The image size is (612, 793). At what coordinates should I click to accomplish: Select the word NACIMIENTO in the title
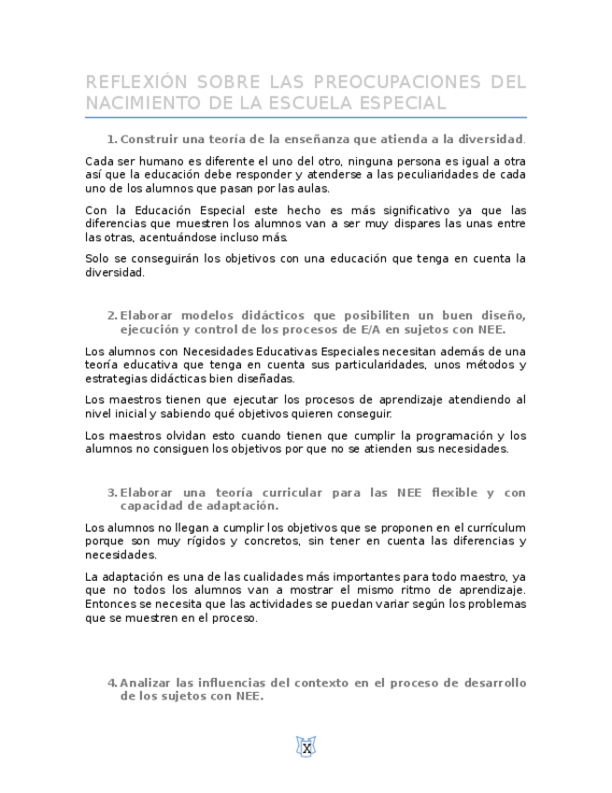(140, 102)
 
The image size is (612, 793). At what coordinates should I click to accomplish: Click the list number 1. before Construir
(112, 139)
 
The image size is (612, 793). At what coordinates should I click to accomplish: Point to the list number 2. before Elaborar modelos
(112, 315)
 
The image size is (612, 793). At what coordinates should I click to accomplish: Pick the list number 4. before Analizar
(112, 683)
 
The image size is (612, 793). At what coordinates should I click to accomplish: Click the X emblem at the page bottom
(306, 746)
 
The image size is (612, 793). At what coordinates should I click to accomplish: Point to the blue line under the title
(306, 118)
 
